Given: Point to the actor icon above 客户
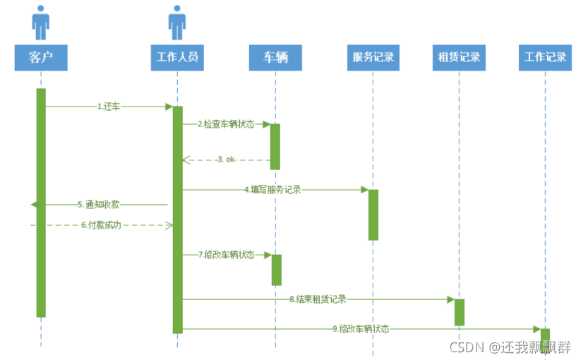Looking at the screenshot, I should tap(41, 23).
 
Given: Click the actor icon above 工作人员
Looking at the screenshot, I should tap(177, 23).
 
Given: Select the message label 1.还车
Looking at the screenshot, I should tap(109, 107).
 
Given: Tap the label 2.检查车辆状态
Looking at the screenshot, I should tap(225, 124).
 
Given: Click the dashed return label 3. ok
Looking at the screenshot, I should tap(226, 160).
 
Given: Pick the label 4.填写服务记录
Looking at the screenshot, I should tap(272, 189).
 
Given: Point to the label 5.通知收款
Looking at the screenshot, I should tap(98, 205).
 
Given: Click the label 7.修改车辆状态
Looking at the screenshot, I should tap(226, 255).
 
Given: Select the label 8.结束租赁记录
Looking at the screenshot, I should tap(317, 299).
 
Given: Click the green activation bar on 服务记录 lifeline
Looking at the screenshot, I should tap(373, 215).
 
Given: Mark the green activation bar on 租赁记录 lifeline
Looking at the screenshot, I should tap(459, 312).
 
